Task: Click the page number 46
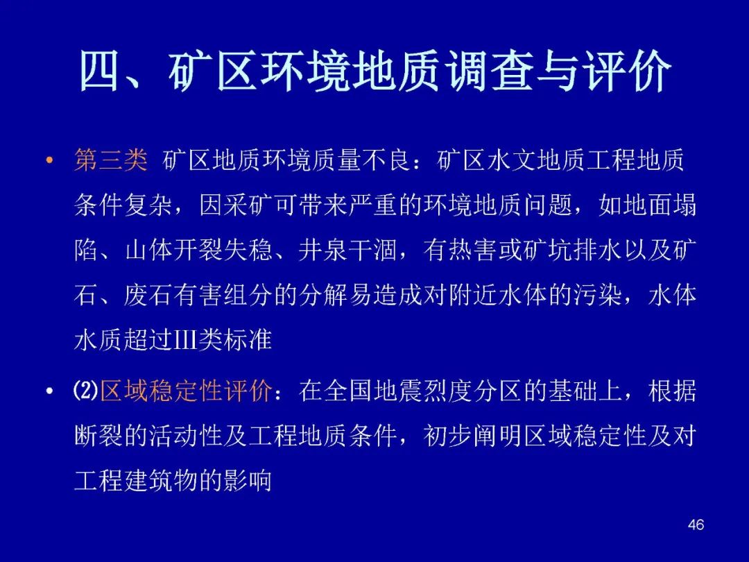click(x=696, y=525)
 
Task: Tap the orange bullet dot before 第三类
click(x=49, y=160)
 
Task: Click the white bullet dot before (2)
click(x=49, y=391)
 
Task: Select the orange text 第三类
click(x=111, y=160)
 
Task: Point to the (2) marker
click(x=86, y=391)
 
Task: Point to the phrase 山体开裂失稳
click(x=198, y=250)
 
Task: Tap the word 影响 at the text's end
click(x=248, y=480)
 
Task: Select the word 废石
click(x=148, y=295)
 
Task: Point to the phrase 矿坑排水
click(x=571, y=250)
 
